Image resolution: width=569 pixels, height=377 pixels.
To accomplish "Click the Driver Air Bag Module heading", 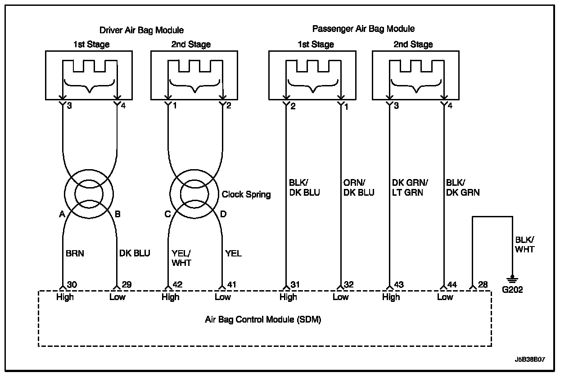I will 141,30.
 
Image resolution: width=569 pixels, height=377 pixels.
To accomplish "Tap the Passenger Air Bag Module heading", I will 363,29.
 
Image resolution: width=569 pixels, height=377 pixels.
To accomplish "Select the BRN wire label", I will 75,253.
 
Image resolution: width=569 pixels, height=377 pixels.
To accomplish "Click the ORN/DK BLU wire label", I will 359,188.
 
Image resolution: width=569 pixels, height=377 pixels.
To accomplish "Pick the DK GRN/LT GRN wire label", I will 410,188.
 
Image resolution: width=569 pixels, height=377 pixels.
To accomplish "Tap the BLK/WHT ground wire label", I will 524,245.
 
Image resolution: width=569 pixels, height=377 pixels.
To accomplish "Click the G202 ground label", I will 512,290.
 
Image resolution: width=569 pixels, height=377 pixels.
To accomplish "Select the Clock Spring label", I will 246,194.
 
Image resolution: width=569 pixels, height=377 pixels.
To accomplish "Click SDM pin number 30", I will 72,285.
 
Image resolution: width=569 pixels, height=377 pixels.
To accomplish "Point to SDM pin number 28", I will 482,285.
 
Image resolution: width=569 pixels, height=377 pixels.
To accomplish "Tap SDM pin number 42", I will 177,285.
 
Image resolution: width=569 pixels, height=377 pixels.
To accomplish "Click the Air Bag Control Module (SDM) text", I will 263,320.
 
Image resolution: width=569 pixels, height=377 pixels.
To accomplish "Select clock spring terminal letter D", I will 223,214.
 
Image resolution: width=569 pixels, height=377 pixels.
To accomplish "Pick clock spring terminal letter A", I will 61,214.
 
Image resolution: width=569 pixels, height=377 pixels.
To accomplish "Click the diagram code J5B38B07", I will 530,360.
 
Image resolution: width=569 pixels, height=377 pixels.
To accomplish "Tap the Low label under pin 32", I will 340,297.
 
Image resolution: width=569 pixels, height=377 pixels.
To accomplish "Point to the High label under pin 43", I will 390,297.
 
